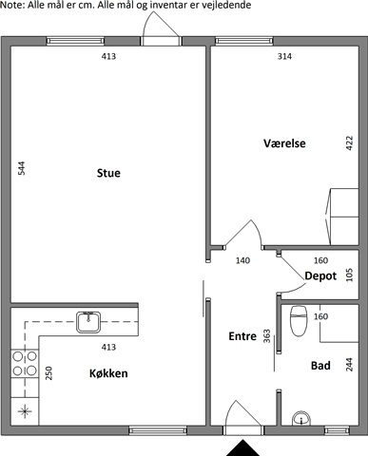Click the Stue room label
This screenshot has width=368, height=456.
pos(108,173)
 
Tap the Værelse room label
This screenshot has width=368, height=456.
pos(284,143)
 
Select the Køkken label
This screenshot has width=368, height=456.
pos(108,373)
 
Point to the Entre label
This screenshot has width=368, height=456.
pos(242,336)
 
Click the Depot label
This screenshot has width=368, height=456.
pos(320,275)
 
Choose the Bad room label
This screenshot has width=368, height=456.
pos(320,366)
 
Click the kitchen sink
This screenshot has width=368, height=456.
pos(88,322)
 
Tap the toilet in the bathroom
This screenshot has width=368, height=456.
pos(299,320)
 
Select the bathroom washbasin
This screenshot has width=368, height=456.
pos(301,418)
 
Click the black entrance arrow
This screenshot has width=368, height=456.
pos(242,448)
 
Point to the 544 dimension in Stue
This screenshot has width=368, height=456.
pos(21,168)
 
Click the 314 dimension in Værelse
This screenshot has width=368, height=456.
pos(284,56)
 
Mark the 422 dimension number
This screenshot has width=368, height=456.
pos(349,143)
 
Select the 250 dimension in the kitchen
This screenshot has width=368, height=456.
pos(48,373)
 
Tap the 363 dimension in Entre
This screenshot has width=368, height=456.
pos(267,336)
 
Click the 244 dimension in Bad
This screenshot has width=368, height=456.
pos(349,365)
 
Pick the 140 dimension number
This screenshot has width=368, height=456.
pos(242,260)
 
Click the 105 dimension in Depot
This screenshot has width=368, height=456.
pos(349,275)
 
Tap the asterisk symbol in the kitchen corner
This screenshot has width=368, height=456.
pos(25,411)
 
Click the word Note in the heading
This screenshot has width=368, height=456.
pos(12,5)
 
